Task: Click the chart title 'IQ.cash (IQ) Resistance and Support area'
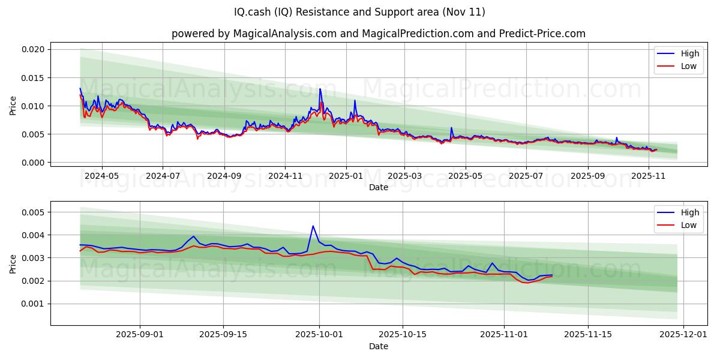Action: pos(360,12)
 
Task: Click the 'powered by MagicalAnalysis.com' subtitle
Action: pos(254,34)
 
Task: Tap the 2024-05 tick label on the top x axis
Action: pos(101,176)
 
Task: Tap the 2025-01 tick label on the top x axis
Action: pos(346,176)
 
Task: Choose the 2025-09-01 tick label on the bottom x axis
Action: pos(140,335)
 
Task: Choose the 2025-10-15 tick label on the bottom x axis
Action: pos(402,335)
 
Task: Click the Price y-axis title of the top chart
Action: pos(13,106)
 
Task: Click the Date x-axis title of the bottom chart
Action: pos(378,346)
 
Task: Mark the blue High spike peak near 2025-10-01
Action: pos(313,226)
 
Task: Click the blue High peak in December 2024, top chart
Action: pos(320,89)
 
